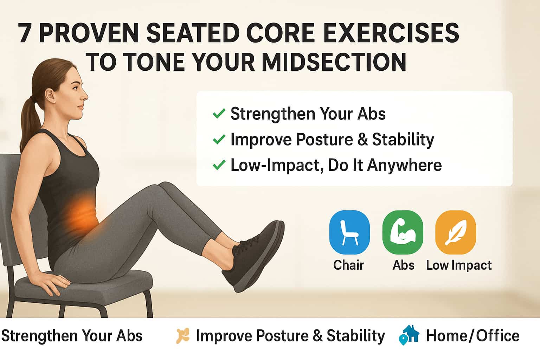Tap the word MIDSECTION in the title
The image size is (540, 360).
coord(334,62)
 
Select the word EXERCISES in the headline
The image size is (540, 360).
coord(391,33)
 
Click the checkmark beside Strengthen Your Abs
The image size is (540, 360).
coord(219,114)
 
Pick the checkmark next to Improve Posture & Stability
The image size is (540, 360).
coord(219,139)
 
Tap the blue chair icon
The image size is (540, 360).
coord(349,232)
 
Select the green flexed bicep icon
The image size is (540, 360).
coord(403,232)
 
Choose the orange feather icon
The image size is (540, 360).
coord(456,232)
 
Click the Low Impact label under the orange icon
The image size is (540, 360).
coord(459,265)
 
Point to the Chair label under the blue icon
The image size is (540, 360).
coord(349,265)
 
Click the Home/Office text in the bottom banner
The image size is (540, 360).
coord(473,336)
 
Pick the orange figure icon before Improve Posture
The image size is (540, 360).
coord(182,336)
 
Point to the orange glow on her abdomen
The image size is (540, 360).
coord(82,212)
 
